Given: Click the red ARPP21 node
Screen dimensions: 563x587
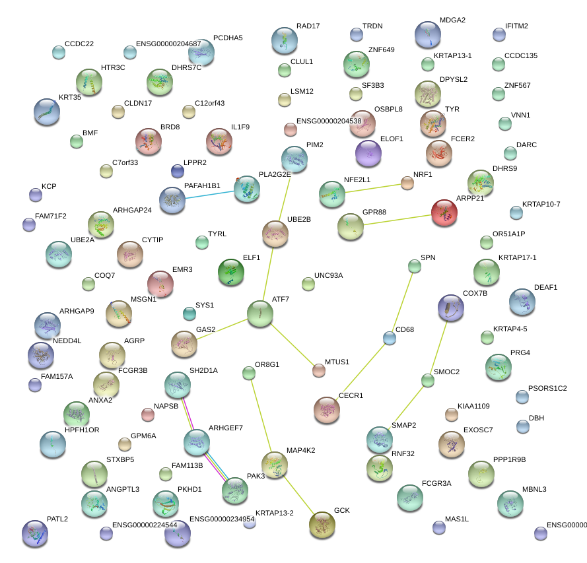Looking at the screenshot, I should [444, 211].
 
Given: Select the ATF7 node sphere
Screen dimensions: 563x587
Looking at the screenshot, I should [260, 314].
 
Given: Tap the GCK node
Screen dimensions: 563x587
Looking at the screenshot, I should [322, 524].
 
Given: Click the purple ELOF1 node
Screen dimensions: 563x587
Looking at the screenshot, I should [368, 153].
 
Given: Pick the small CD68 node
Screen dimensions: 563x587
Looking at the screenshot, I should [390, 338].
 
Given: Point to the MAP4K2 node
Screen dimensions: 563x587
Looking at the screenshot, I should [275, 465].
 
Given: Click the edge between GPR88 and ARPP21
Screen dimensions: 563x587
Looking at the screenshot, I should [397, 219].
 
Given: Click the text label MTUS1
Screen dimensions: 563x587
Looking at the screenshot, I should [337, 362].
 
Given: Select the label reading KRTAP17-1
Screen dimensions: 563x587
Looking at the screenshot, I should [517, 257].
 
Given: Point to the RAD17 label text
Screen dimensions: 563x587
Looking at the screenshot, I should [308, 26].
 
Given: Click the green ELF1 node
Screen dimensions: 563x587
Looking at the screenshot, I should [231, 272].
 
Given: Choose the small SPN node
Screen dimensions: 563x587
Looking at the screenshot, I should [414, 266].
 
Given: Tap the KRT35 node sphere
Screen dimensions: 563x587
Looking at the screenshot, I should [46, 112].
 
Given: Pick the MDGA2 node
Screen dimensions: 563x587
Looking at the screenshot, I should [428, 34].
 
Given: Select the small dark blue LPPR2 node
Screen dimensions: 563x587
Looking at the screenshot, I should [178, 172].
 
